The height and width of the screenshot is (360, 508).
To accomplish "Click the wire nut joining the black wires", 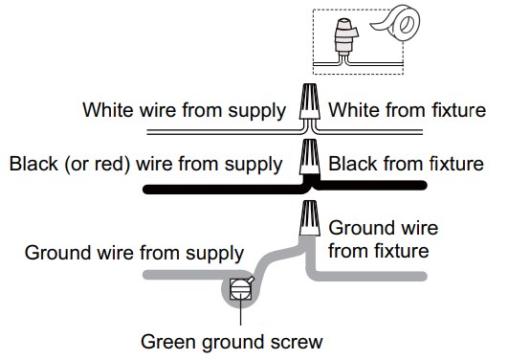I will pos(308,157).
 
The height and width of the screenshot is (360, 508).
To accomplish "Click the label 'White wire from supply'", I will pos(185,109).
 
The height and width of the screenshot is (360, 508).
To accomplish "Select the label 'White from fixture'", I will pos(406,109).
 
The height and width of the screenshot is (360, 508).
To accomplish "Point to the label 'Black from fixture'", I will pos(406,164).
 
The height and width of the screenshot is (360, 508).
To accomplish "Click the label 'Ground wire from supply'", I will pos(134,254).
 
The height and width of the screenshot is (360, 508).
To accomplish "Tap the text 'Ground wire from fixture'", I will pos(383,240).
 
